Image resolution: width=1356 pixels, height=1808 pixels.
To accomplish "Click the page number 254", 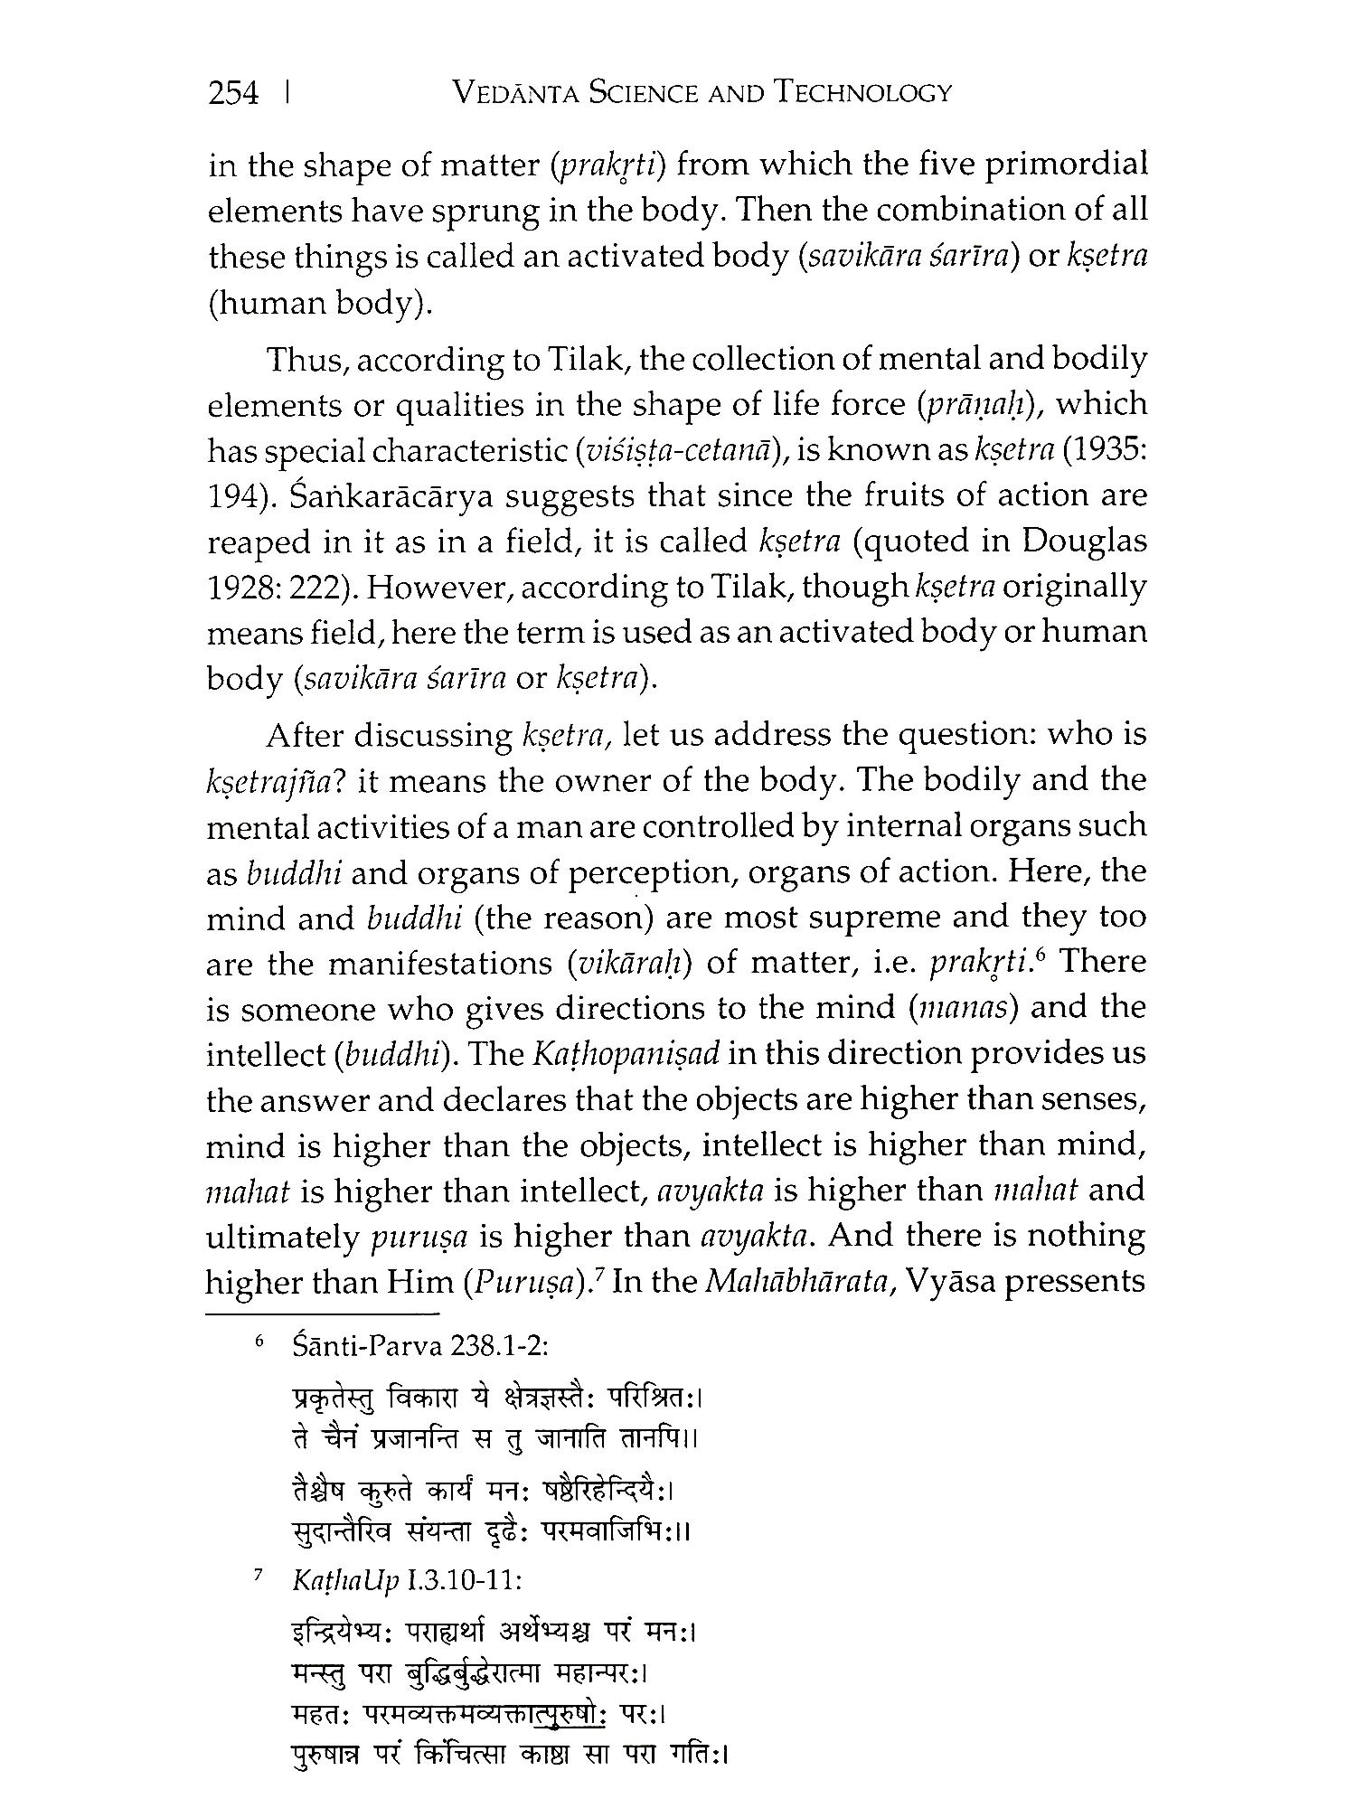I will [233, 93].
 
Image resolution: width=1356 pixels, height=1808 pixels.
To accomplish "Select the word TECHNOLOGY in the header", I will [867, 93].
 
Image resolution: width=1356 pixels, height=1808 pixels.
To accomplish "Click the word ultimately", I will [283, 1235].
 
